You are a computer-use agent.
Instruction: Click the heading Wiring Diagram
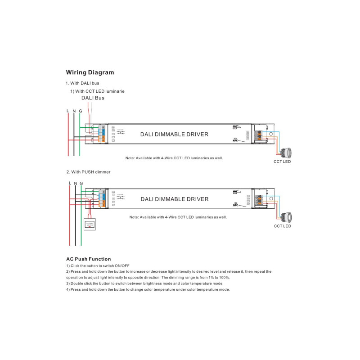point(90,72)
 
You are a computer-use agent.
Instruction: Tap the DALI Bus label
point(93,98)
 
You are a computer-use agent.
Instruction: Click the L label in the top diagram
point(67,111)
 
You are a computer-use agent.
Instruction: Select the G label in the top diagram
point(80,111)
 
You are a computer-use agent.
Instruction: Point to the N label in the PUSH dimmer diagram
point(76,183)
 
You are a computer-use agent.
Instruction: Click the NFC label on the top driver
point(235,140)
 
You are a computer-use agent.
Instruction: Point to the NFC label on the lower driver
point(235,205)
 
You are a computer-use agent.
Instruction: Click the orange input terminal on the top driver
point(102,140)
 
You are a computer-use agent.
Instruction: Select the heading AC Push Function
point(88,259)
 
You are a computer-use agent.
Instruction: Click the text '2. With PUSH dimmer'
point(88,172)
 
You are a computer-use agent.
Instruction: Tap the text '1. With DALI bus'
point(82,83)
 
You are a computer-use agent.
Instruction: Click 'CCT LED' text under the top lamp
point(282,162)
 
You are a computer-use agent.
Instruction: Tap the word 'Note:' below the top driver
point(130,158)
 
